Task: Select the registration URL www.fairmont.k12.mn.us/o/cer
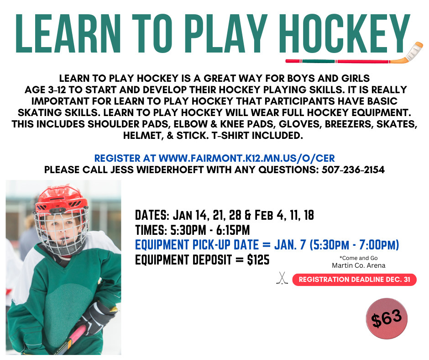point(246,159)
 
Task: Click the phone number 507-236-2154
point(354,170)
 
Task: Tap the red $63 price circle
point(387,318)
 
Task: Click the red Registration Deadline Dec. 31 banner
point(354,280)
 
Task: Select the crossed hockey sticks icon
point(282,278)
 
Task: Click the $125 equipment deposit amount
point(258,259)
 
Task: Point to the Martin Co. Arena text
point(358,265)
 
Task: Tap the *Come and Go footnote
point(358,258)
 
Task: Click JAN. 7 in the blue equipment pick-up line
point(290,245)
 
